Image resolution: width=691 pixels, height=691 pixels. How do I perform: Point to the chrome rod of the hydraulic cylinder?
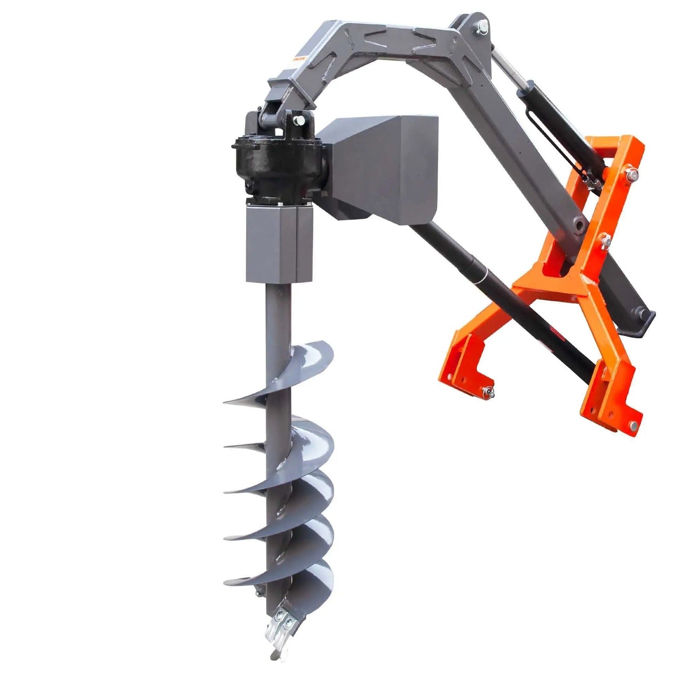507,69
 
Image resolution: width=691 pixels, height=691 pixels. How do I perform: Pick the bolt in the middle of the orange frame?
605,240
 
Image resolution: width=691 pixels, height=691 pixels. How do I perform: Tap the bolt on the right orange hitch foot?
636,425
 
